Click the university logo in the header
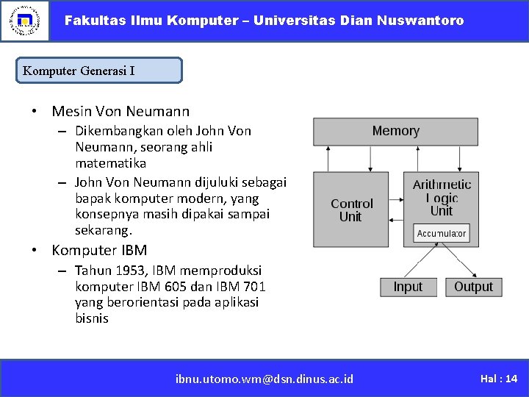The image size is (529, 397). coord(24,21)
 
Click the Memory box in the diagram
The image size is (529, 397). coord(395,132)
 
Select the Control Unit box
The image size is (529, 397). coord(351,210)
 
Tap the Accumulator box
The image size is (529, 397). coord(441,234)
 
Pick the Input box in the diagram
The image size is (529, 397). coord(408,287)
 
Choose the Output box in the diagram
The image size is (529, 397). coord(473,287)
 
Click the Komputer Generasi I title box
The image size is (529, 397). coord(99,71)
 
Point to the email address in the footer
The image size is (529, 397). coord(264,379)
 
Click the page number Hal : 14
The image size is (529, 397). coord(499,379)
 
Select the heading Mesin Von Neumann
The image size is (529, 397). coord(120,112)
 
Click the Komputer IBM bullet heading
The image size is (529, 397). coord(99,250)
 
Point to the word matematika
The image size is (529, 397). coord(110,163)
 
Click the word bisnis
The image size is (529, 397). coord(92,319)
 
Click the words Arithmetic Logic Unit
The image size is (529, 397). coord(442,197)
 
